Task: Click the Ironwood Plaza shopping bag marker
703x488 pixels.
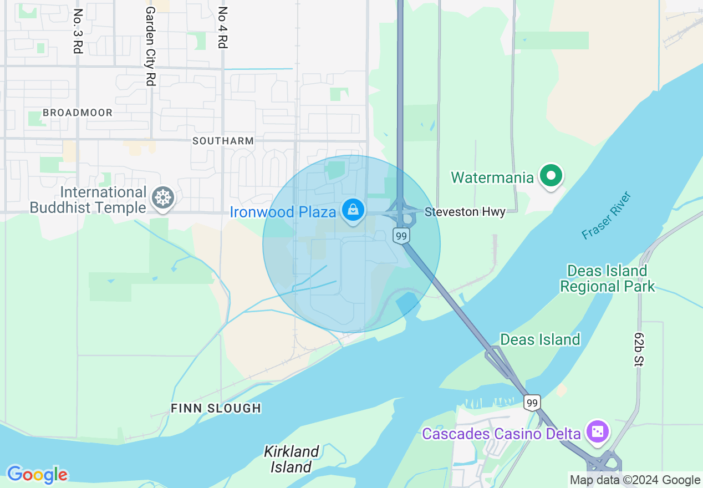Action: click(352, 210)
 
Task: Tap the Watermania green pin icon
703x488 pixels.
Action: click(551, 176)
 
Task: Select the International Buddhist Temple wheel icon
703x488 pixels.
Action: click(163, 198)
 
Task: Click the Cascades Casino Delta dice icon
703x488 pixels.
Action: click(598, 431)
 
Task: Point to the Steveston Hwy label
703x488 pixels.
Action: click(465, 212)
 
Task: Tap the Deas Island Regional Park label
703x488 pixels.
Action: click(607, 278)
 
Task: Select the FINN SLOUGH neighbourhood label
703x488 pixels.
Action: click(216, 408)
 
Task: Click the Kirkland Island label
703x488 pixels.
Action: click(291, 459)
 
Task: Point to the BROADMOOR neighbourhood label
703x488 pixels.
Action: click(78, 113)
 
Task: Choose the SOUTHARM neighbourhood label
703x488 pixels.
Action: click(223, 141)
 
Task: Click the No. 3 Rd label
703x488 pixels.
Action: click(78, 31)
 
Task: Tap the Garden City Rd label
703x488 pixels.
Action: click(150, 45)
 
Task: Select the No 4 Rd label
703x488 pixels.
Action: click(223, 28)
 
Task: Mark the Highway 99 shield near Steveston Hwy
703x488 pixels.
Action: click(401, 236)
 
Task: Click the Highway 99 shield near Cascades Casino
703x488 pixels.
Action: click(532, 403)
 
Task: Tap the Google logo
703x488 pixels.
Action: click(37, 475)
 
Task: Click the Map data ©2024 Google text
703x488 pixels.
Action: click(635, 480)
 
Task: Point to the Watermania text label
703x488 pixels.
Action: click(492, 177)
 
